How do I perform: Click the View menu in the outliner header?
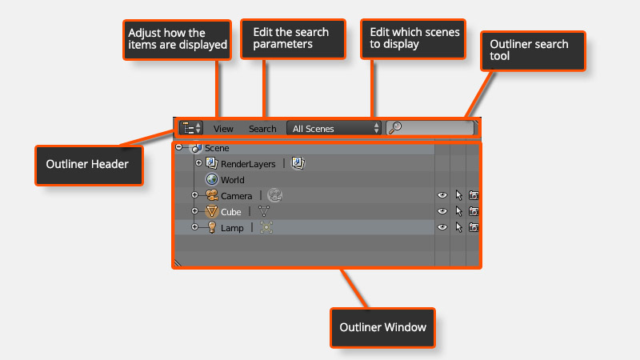point(223,128)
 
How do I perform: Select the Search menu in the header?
point(262,128)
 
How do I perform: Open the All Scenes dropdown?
point(334,128)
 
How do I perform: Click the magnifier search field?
point(430,128)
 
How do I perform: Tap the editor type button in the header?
point(190,128)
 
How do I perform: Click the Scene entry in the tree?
point(216,148)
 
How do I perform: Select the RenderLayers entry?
point(248,164)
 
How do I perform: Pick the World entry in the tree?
point(233,180)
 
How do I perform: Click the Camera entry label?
point(236,196)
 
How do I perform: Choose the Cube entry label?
point(230,212)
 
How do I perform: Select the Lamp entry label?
point(232,228)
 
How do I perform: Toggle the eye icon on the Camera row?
point(442,196)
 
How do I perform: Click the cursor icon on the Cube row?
point(458,212)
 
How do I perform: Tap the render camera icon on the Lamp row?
point(474,228)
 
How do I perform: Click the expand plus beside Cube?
point(194,212)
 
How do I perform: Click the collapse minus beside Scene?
point(178,148)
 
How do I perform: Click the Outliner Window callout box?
point(383,328)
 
